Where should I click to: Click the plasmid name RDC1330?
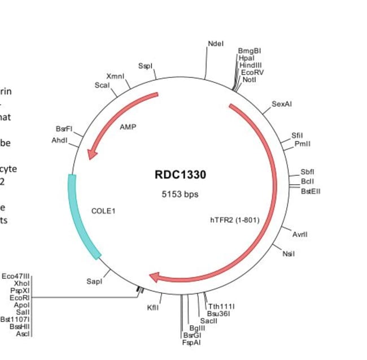(x=180, y=175)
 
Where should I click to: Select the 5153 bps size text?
(x=180, y=194)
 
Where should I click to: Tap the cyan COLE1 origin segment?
(x=81, y=220)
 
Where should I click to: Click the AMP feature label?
(x=128, y=127)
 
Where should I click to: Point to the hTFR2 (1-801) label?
(x=234, y=220)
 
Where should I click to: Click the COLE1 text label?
(x=103, y=211)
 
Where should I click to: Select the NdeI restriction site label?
(x=216, y=44)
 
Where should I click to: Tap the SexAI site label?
(x=282, y=104)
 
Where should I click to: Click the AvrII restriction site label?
(x=300, y=234)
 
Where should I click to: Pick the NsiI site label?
(x=288, y=253)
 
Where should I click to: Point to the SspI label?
(x=145, y=67)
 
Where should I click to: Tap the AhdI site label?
(x=59, y=140)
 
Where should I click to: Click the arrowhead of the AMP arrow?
(x=91, y=154)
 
